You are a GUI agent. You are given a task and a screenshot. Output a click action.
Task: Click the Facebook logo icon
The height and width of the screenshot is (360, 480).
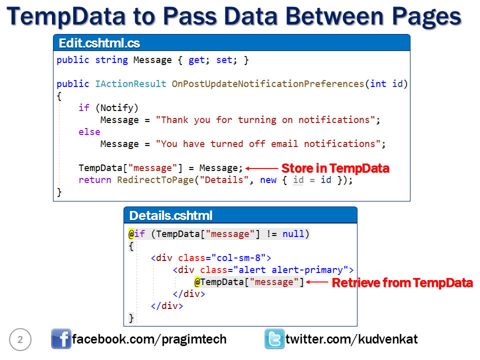tap(61, 339)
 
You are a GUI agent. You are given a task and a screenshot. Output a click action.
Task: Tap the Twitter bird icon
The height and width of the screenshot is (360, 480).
tap(274, 339)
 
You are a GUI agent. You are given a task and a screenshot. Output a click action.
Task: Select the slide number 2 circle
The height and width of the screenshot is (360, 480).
tap(20, 340)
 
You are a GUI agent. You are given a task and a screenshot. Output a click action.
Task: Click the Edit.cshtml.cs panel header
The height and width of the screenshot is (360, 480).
tap(231, 42)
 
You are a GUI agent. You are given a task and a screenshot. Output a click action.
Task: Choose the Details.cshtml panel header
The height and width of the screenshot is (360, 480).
tap(240, 215)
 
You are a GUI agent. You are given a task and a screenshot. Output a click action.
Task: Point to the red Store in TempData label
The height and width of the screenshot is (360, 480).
tap(335, 168)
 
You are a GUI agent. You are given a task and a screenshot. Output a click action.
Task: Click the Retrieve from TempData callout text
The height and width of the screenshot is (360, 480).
tap(402, 283)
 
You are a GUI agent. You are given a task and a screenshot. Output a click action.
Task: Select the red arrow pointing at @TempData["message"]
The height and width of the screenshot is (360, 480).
tap(316, 282)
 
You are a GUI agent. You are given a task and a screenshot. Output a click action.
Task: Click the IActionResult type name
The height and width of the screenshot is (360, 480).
tap(130, 84)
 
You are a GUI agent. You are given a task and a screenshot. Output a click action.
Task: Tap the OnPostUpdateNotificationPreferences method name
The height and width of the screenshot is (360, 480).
tap(268, 84)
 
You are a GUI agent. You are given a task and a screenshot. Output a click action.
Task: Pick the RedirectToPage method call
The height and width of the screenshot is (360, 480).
tap(155, 180)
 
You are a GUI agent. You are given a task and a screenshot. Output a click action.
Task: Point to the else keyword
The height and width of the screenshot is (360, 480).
tap(89, 132)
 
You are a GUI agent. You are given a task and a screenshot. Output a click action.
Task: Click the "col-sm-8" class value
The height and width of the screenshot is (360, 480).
tap(241, 258)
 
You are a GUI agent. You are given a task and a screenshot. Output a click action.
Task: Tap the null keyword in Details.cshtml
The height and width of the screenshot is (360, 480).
tap(293, 234)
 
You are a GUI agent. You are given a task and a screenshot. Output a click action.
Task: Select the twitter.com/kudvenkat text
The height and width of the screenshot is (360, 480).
tap(351, 339)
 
